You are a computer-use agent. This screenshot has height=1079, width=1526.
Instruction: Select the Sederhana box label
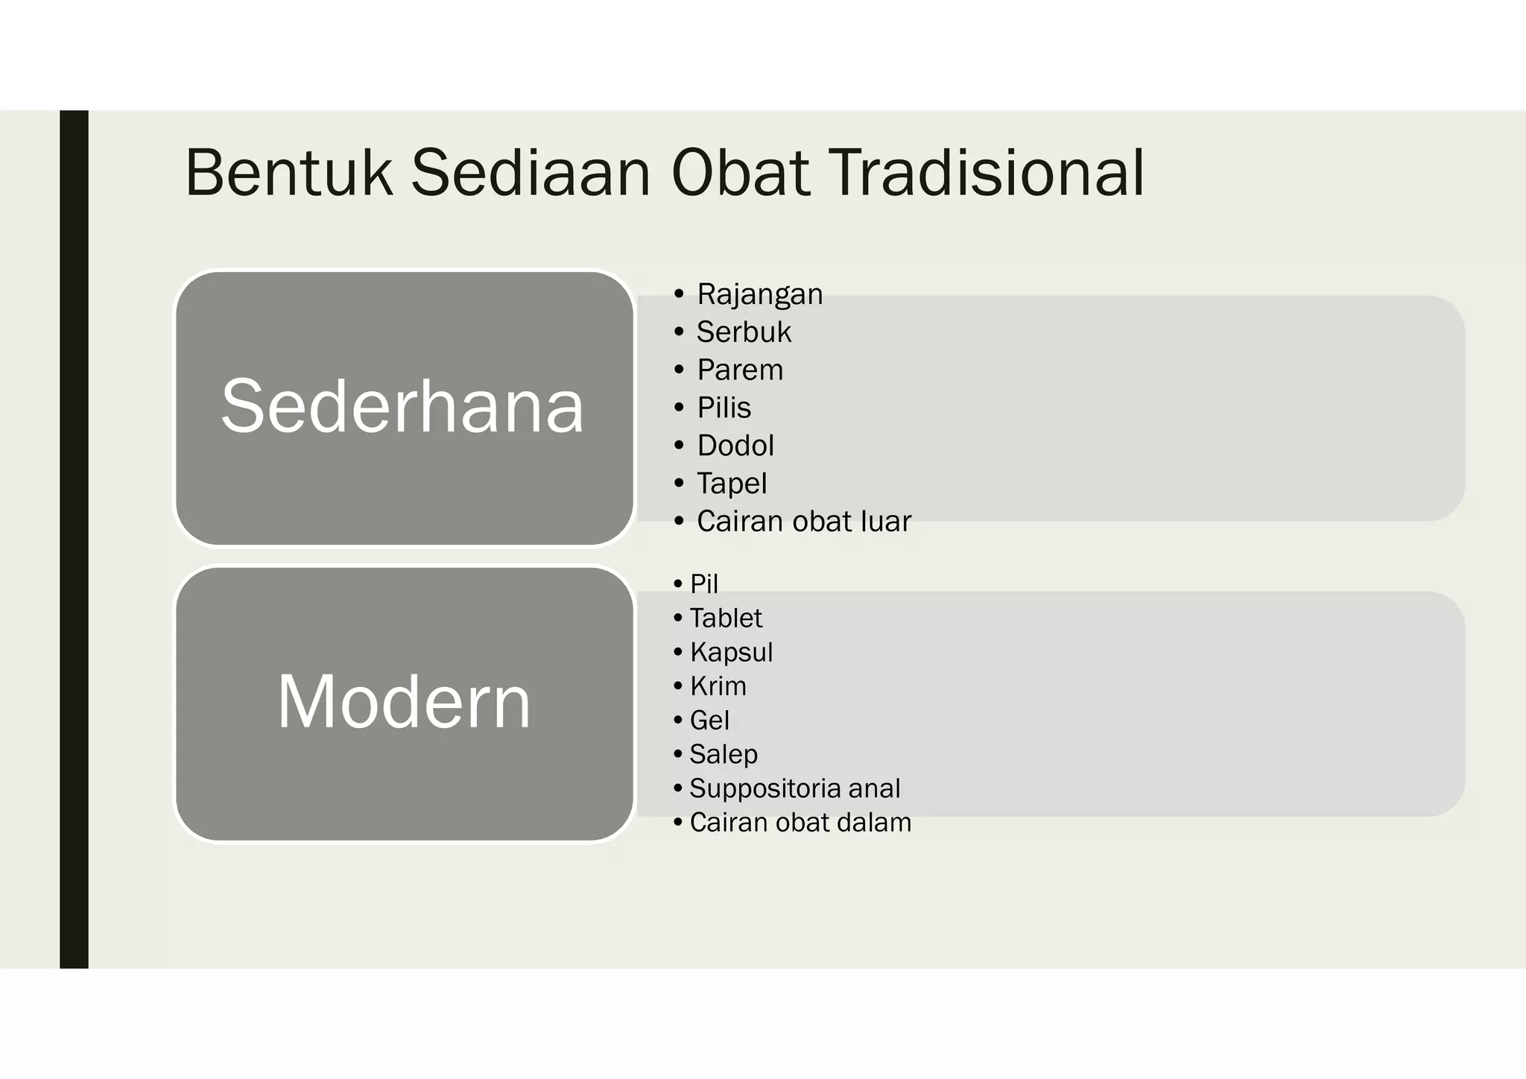coord(403,406)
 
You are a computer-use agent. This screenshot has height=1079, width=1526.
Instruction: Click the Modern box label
coord(404,702)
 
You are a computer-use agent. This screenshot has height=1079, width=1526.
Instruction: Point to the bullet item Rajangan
coord(759,294)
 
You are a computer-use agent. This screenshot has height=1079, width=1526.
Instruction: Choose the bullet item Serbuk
coord(744,332)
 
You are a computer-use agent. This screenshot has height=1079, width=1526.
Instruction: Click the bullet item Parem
coord(740,370)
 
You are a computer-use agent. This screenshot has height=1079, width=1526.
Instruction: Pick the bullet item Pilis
coord(724,408)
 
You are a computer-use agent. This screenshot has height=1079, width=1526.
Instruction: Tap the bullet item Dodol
coord(735,446)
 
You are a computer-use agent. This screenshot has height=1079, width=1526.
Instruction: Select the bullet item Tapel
coord(732,484)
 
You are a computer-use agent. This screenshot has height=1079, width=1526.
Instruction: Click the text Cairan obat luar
coord(803,522)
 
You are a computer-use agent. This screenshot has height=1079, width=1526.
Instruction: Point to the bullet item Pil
coord(703,584)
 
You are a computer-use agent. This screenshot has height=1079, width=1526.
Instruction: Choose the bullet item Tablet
coord(726,618)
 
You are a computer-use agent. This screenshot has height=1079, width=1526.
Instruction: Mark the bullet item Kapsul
coord(731,653)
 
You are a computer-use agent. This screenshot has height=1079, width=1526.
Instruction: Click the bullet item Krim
coord(718,686)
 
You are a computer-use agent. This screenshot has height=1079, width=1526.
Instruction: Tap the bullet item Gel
coord(709,721)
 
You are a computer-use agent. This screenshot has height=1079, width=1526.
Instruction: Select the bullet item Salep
coord(724,754)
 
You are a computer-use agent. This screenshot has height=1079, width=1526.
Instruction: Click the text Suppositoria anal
coord(794,788)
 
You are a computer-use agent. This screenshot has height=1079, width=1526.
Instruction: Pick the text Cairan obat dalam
coord(800,823)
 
